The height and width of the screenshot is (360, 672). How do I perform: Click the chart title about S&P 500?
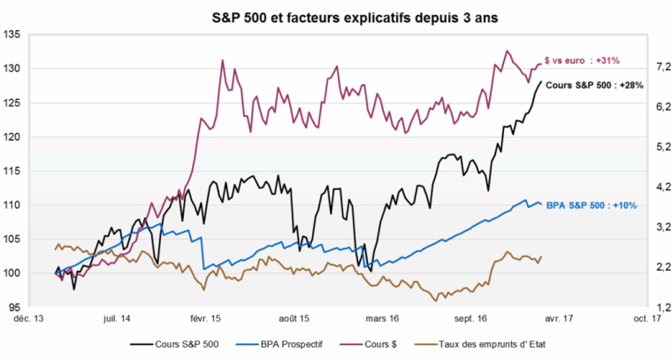click(335, 16)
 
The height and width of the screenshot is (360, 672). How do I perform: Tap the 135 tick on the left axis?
click(12, 35)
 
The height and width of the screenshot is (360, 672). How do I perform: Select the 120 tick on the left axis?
click(12, 137)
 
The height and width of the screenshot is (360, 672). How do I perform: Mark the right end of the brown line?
click(541, 257)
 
